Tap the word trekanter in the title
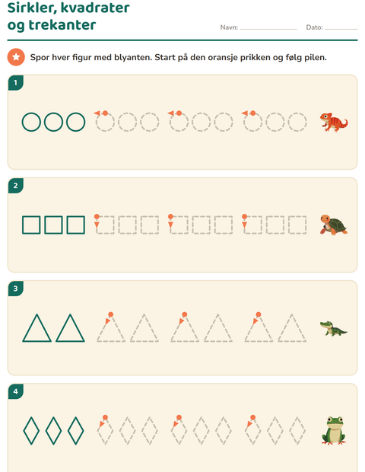click(62, 24)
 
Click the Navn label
click(229, 27)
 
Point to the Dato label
click(314, 27)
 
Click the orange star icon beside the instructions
click(16, 57)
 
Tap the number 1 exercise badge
click(16, 83)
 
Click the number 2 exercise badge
click(16, 186)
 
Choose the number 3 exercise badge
click(16, 289)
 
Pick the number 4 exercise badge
click(16, 391)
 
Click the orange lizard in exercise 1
click(334, 122)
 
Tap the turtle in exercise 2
click(333, 225)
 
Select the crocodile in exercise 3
click(333, 328)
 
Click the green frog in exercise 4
click(333, 431)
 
